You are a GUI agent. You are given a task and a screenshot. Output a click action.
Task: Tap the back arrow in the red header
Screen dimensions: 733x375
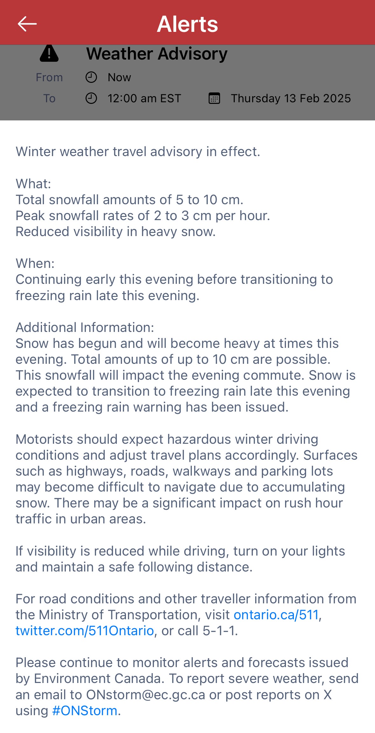click(27, 24)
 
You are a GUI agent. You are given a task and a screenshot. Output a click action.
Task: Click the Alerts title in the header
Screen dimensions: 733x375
click(187, 24)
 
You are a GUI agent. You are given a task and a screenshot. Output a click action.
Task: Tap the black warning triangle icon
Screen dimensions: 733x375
click(49, 54)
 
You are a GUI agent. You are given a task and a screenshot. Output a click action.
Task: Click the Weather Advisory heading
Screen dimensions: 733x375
click(157, 54)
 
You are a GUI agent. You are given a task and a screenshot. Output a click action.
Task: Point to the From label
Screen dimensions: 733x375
click(49, 77)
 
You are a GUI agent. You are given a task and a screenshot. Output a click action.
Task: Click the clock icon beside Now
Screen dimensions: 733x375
click(91, 77)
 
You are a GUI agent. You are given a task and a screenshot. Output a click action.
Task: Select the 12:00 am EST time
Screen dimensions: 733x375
click(144, 98)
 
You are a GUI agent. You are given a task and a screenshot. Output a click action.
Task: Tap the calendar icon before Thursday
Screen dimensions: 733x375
click(214, 98)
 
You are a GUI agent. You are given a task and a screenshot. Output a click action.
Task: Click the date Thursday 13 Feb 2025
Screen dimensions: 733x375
click(291, 98)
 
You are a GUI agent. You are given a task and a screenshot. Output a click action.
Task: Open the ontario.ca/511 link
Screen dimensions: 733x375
click(276, 615)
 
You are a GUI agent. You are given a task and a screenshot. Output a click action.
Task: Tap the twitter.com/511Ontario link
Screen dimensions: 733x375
click(85, 631)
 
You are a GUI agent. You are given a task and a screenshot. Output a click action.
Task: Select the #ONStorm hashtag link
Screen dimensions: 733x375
click(85, 711)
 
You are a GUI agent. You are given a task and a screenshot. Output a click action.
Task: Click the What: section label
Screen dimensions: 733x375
click(33, 184)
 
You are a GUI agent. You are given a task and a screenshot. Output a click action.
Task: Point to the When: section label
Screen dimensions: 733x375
click(35, 263)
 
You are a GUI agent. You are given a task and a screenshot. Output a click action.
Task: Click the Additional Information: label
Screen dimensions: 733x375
click(85, 327)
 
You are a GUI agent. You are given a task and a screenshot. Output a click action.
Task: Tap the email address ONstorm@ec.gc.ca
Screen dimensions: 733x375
click(146, 695)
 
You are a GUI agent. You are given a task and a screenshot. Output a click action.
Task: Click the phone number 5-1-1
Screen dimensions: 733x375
click(219, 631)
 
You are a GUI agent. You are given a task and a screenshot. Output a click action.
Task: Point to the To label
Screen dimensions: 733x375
click(49, 98)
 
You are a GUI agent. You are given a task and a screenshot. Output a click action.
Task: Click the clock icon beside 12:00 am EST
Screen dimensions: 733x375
click(91, 98)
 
